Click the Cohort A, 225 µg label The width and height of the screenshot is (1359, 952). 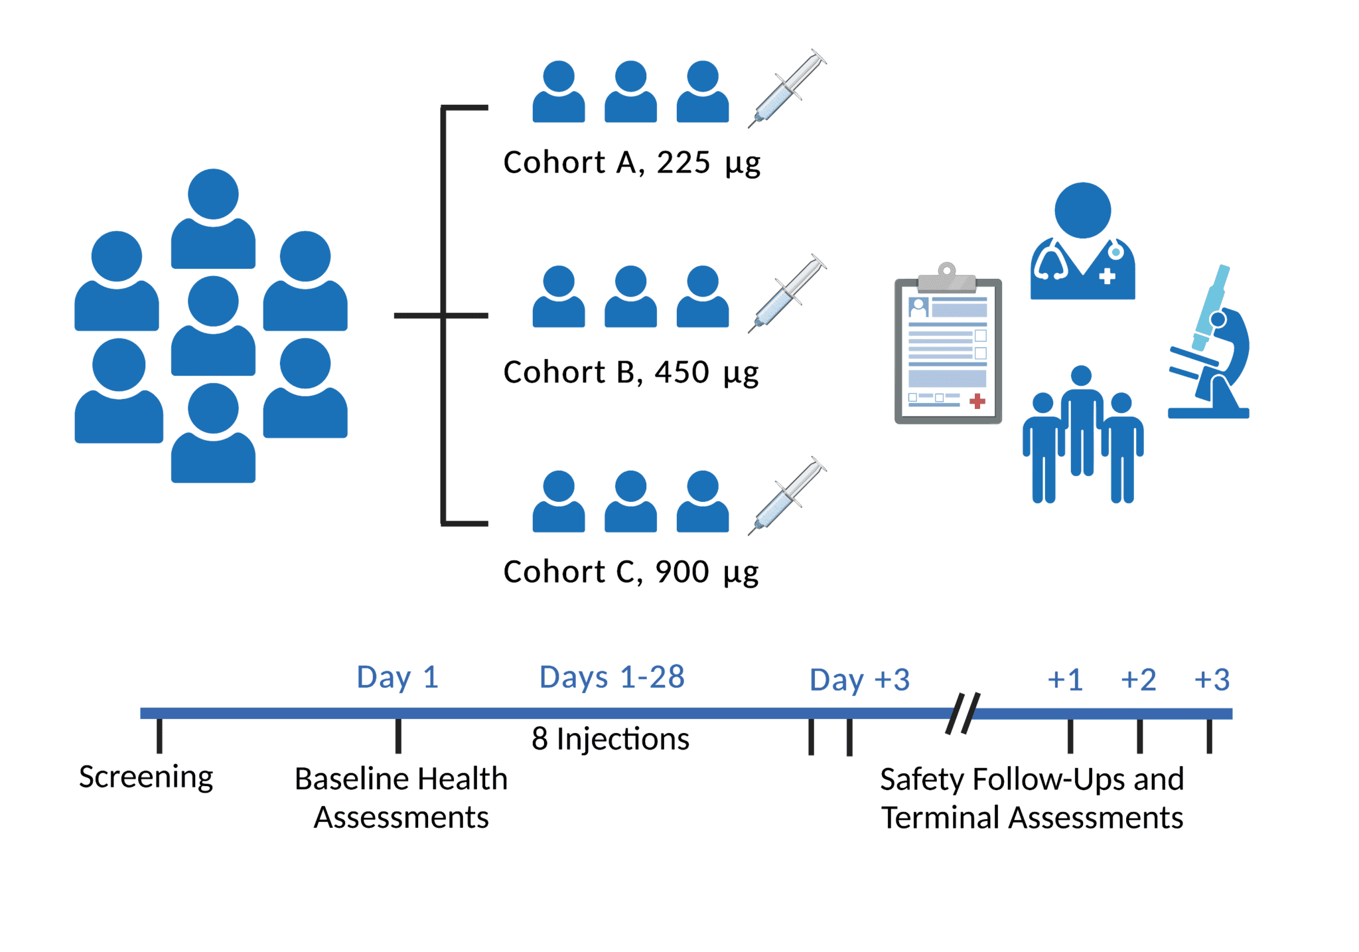(x=631, y=163)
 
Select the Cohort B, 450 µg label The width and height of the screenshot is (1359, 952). (x=630, y=372)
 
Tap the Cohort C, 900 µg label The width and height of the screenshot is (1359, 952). (x=630, y=572)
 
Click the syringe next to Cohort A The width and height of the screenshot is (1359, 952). (x=787, y=88)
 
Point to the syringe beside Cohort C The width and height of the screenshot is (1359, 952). (x=787, y=496)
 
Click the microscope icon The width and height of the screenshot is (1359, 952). (x=1210, y=345)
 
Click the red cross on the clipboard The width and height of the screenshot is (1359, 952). (x=977, y=401)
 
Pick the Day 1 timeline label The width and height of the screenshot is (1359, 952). (x=397, y=678)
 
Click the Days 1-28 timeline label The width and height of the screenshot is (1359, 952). (x=612, y=678)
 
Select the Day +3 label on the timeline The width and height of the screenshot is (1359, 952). (x=859, y=680)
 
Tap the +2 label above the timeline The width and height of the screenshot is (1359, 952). (x=1138, y=680)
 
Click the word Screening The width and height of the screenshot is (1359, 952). (x=146, y=777)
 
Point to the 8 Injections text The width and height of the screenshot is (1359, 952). (x=610, y=739)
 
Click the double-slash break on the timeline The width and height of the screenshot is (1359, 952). (x=963, y=714)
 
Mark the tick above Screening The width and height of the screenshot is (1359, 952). (x=159, y=736)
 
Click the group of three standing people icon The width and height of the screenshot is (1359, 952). (x=1082, y=435)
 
